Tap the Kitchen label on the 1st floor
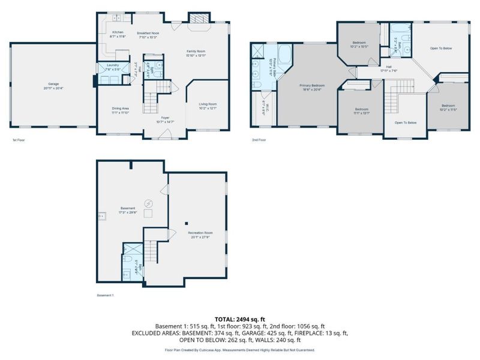click(x=118, y=32)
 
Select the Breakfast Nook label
click(x=147, y=33)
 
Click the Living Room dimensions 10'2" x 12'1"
click(x=208, y=108)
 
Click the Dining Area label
click(x=120, y=108)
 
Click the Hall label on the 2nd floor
click(x=389, y=67)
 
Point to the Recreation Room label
click(x=200, y=232)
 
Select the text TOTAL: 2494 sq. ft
click(x=240, y=319)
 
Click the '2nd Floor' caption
click(x=259, y=140)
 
